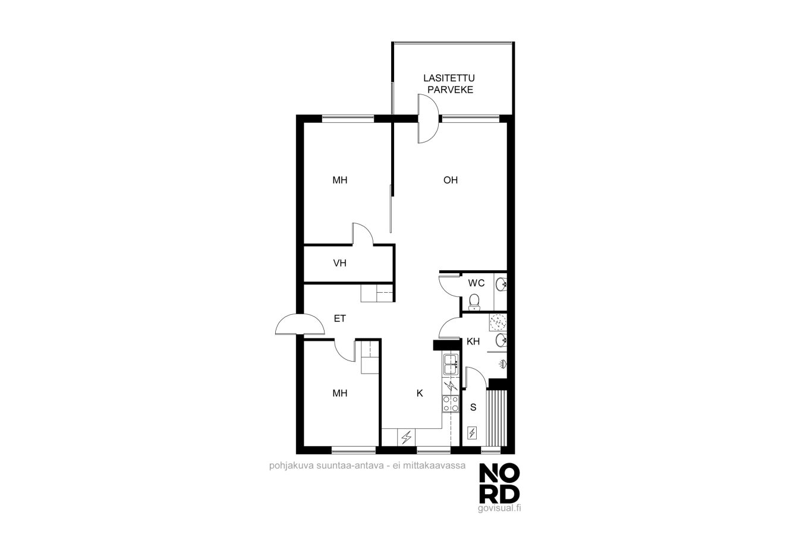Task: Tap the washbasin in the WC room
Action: pyautogui.click(x=501, y=284)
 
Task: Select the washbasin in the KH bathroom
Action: pyautogui.click(x=501, y=340)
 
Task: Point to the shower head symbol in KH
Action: pyautogui.click(x=503, y=363)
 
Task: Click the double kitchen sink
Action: pyautogui.click(x=451, y=364)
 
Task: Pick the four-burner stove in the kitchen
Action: pyautogui.click(x=451, y=404)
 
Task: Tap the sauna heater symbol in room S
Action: pyautogui.click(x=472, y=433)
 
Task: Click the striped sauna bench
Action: pyautogui.click(x=496, y=418)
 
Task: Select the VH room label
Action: pyautogui.click(x=339, y=263)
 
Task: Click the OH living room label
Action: pyautogui.click(x=451, y=180)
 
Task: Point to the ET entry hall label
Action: pyautogui.click(x=339, y=318)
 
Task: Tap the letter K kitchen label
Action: pyautogui.click(x=420, y=393)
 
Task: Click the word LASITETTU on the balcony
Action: pyautogui.click(x=449, y=78)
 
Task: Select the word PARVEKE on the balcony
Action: pyautogui.click(x=450, y=90)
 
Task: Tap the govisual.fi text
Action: pyautogui.click(x=499, y=508)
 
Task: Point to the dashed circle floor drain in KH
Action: pyautogui.click(x=498, y=322)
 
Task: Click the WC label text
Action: pyautogui.click(x=476, y=283)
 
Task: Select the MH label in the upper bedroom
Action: pyautogui.click(x=339, y=180)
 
